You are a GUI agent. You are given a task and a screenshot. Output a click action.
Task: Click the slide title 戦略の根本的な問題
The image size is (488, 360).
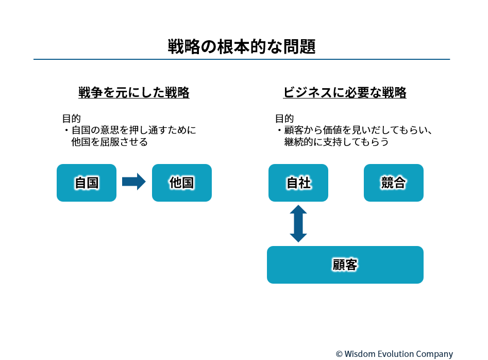pyautogui.click(x=242, y=47)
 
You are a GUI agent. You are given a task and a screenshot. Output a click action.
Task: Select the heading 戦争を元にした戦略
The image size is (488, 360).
pyautogui.click(x=134, y=92)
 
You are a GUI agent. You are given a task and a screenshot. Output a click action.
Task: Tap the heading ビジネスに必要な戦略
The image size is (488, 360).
pyautogui.click(x=345, y=92)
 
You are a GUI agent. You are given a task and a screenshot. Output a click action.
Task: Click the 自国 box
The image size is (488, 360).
pyautogui.click(x=87, y=183)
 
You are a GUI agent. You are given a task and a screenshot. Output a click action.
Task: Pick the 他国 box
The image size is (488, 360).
pyautogui.click(x=182, y=183)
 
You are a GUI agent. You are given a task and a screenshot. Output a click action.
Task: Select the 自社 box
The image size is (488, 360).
pyautogui.click(x=298, y=183)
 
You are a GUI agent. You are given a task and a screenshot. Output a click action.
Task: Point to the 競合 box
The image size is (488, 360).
pyautogui.click(x=393, y=183)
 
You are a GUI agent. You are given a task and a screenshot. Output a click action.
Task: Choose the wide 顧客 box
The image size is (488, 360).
pyautogui.click(x=345, y=265)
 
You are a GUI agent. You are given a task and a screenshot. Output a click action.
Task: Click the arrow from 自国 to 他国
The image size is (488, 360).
pyautogui.click(x=134, y=181)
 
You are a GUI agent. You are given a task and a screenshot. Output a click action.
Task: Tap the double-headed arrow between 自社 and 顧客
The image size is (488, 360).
pyautogui.click(x=298, y=224)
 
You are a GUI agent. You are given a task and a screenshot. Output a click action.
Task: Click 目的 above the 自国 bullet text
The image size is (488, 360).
pyautogui.click(x=71, y=118)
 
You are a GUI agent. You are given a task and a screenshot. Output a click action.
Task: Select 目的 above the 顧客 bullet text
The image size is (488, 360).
pyautogui.click(x=284, y=118)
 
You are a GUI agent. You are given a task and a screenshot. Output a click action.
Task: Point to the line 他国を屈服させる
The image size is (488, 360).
pyautogui.click(x=110, y=142)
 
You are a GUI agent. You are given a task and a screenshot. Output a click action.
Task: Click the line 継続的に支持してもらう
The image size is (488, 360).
pyautogui.click(x=336, y=142)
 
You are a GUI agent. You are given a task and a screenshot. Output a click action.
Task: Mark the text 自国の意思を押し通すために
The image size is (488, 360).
pyautogui.click(x=134, y=130)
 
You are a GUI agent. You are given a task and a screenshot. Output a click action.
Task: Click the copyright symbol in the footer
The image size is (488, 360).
pyautogui.click(x=339, y=354)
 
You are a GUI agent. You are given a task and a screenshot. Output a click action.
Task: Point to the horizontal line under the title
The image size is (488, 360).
pyautogui.click(x=242, y=59)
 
